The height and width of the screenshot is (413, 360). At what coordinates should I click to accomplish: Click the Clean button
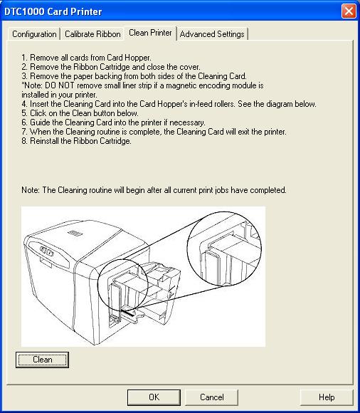42,360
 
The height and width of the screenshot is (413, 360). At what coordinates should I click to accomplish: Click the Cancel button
211,397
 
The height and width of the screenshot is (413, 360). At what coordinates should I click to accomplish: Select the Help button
327,397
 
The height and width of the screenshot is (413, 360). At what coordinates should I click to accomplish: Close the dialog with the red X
348,11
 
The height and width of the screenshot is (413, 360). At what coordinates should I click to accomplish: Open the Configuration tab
34,34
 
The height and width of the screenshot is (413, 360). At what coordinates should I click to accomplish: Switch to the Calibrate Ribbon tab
92,34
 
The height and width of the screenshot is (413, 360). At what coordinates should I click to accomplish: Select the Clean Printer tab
150,33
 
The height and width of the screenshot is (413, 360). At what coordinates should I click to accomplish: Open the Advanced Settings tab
212,34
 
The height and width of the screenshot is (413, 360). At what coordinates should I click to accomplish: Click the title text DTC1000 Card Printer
54,11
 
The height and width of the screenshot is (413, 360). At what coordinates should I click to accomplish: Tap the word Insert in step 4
41,104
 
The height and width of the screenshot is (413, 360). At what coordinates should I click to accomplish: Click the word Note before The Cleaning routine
31,190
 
